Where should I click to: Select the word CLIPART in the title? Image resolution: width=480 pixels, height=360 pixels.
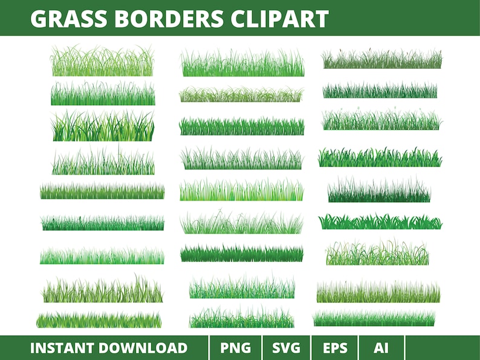[x=279, y=19]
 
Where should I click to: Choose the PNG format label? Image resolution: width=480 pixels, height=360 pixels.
[x=235, y=348]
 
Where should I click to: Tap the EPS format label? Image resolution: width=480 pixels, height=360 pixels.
[x=336, y=348]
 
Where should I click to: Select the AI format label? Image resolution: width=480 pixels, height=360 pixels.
[x=381, y=348]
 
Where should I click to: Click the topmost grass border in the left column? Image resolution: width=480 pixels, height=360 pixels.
[x=102, y=62]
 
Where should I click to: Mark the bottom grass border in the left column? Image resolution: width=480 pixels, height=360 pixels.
[x=99, y=320]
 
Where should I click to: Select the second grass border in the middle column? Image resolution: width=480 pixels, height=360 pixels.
[x=241, y=95]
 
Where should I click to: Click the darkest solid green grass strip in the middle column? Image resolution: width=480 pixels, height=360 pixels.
[x=241, y=253]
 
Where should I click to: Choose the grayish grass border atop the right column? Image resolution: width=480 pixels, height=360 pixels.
[x=381, y=60]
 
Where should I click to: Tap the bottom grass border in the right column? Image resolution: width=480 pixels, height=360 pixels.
[x=374, y=319]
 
